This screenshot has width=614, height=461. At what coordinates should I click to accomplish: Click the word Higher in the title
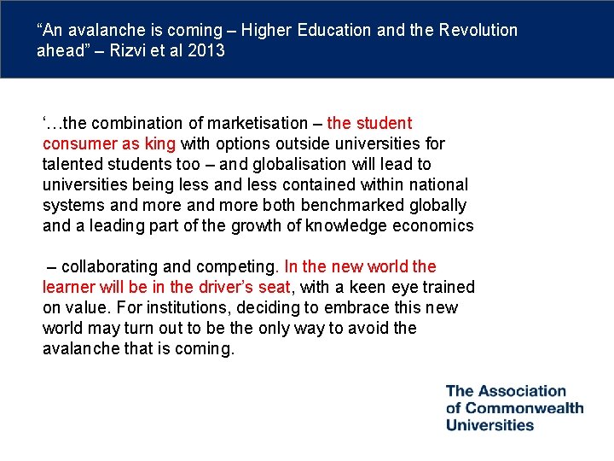tap(266, 31)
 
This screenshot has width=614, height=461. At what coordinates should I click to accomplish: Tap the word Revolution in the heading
tap(478, 31)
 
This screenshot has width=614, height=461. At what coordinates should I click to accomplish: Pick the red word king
tap(159, 144)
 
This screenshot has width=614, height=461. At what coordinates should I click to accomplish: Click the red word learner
tap(69, 288)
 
